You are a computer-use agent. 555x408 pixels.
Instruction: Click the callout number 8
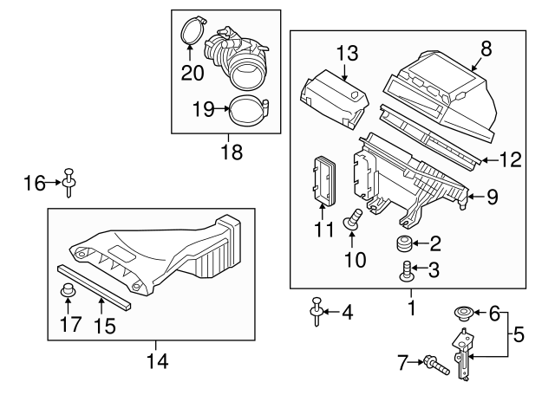coord(485,49)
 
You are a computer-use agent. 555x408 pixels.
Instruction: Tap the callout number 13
coord(347,53)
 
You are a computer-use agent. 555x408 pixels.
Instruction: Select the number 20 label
coord(193,73)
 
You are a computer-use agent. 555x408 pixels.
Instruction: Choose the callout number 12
coord(512,159)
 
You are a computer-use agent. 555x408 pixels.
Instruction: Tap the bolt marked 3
coord(405,272)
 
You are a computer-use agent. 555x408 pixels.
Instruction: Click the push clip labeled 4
coord(317,312)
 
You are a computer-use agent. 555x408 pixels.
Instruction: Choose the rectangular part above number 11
coord(323,180)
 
